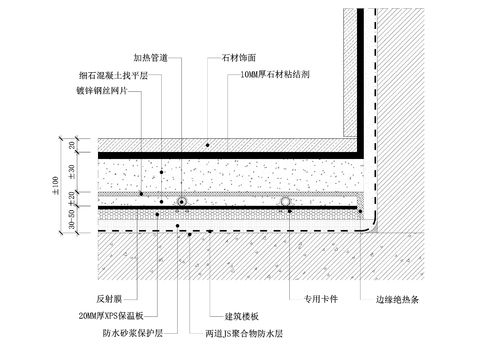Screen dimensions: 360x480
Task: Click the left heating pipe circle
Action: (x=182, y=202)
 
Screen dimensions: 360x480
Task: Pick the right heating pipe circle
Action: (x=285, y=202)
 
